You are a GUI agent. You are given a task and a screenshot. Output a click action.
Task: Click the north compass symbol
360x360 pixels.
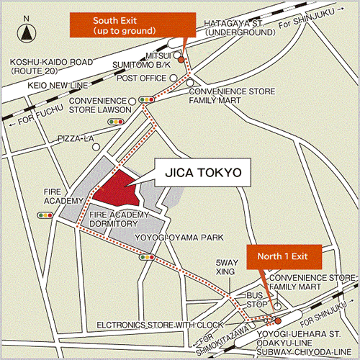pos(27,32)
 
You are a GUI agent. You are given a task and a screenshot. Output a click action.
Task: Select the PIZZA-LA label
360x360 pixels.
pos(76,138)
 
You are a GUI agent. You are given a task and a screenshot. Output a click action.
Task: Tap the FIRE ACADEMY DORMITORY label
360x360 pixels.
pos(119,219)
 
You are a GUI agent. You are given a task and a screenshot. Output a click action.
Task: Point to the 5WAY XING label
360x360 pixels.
pos(227,269)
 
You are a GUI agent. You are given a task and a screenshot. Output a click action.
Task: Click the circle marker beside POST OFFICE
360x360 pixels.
pos(173,78)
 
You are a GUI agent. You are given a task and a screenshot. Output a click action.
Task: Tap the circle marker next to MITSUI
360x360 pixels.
pos(177,54)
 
